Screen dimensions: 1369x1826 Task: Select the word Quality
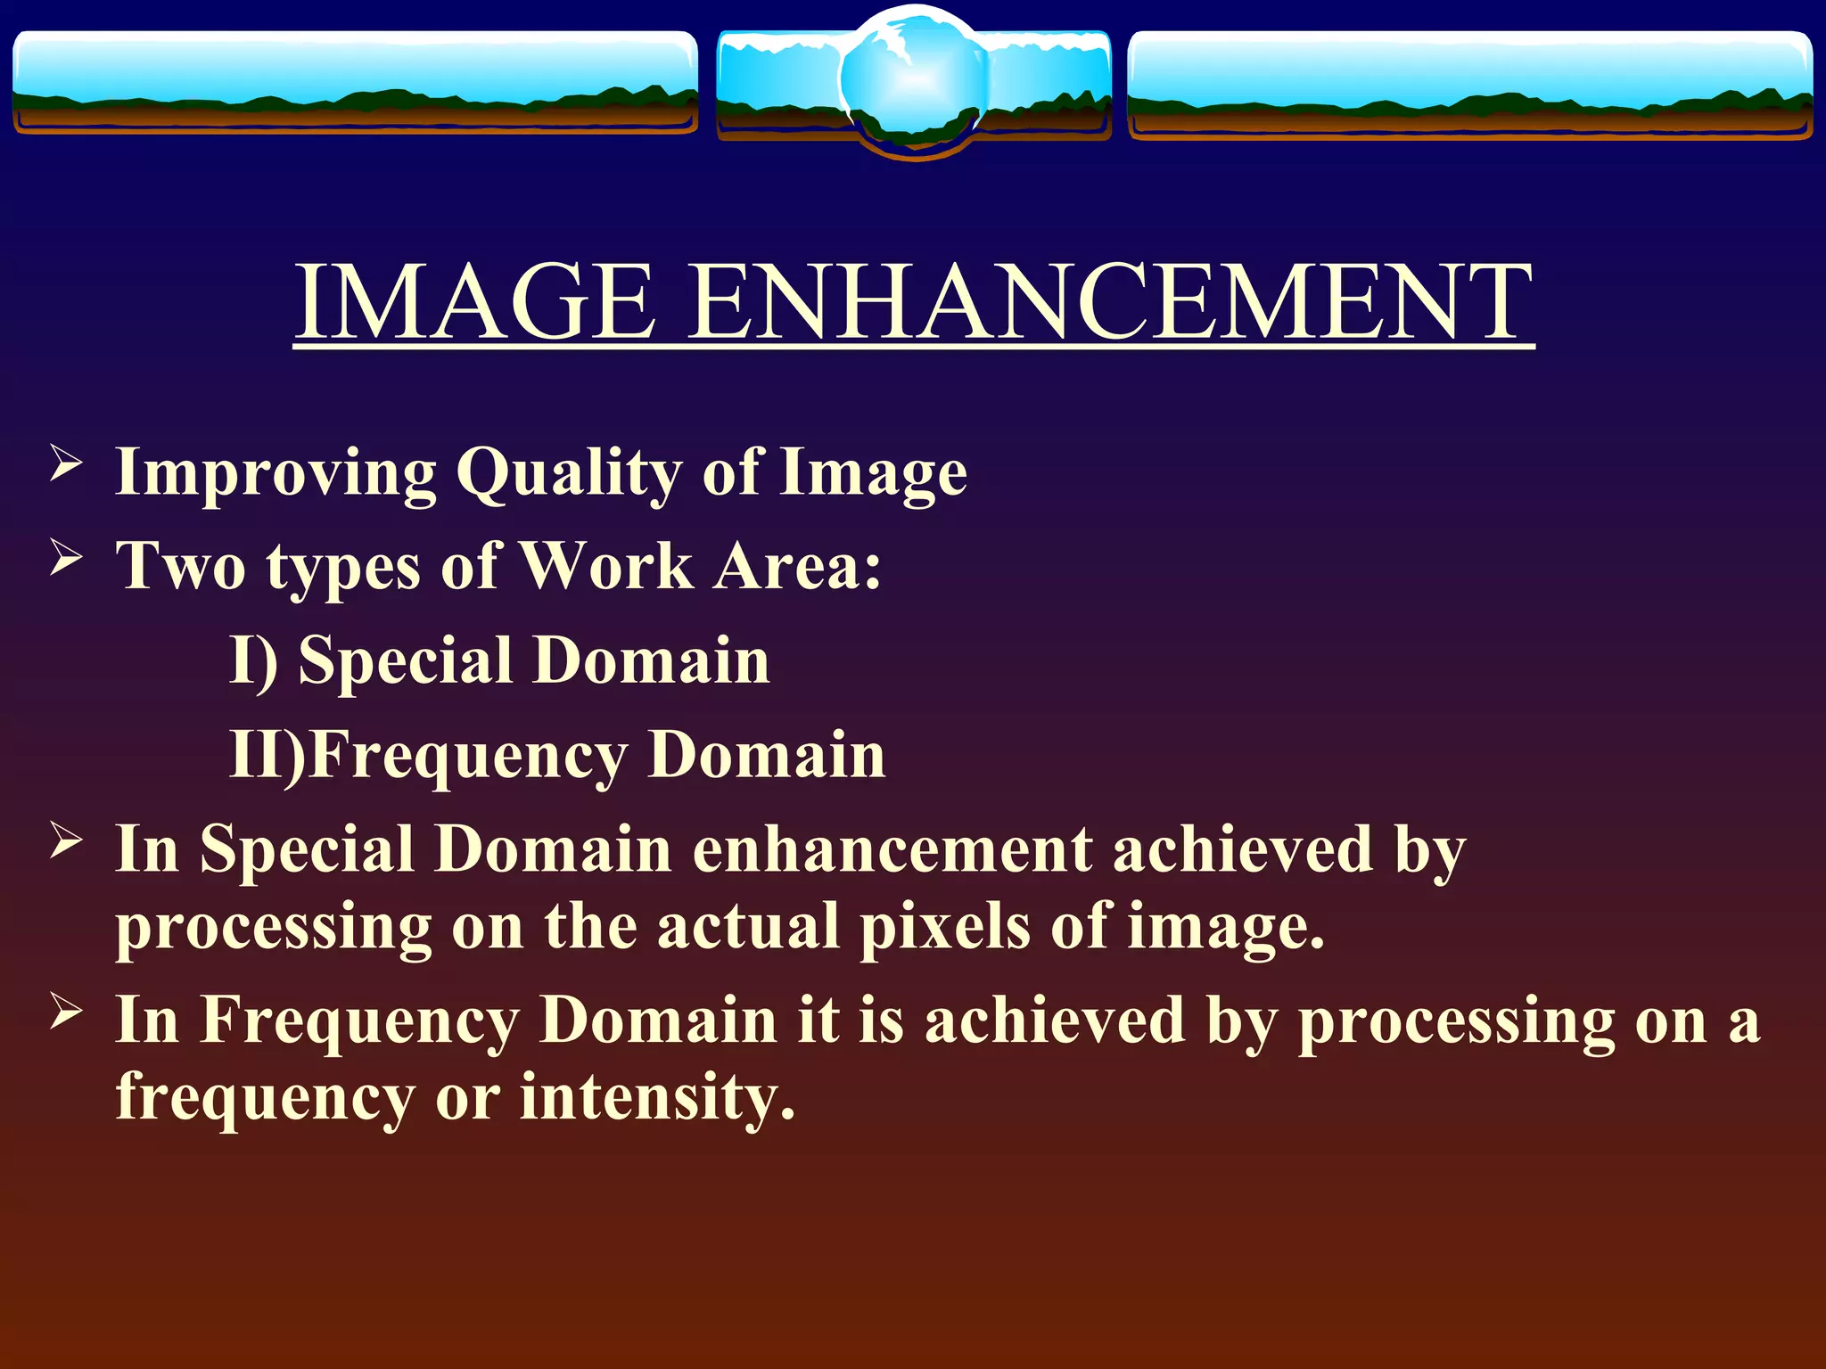tap(569, 472)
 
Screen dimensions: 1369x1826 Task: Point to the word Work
tap(606, 566)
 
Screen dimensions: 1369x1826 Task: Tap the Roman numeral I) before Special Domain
tap(253, 660)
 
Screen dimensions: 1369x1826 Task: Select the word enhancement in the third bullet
tap(892, 848)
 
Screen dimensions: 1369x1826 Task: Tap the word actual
tap(748, 927)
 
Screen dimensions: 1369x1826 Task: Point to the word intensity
tap(656, 1096)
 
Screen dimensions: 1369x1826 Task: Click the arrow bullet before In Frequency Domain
tap(66, 1011)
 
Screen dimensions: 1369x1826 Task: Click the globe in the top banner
tap(913, 80)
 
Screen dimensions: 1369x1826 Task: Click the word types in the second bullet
tap(343, 568)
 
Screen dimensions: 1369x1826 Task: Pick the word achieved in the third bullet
tap(1243, 848)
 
